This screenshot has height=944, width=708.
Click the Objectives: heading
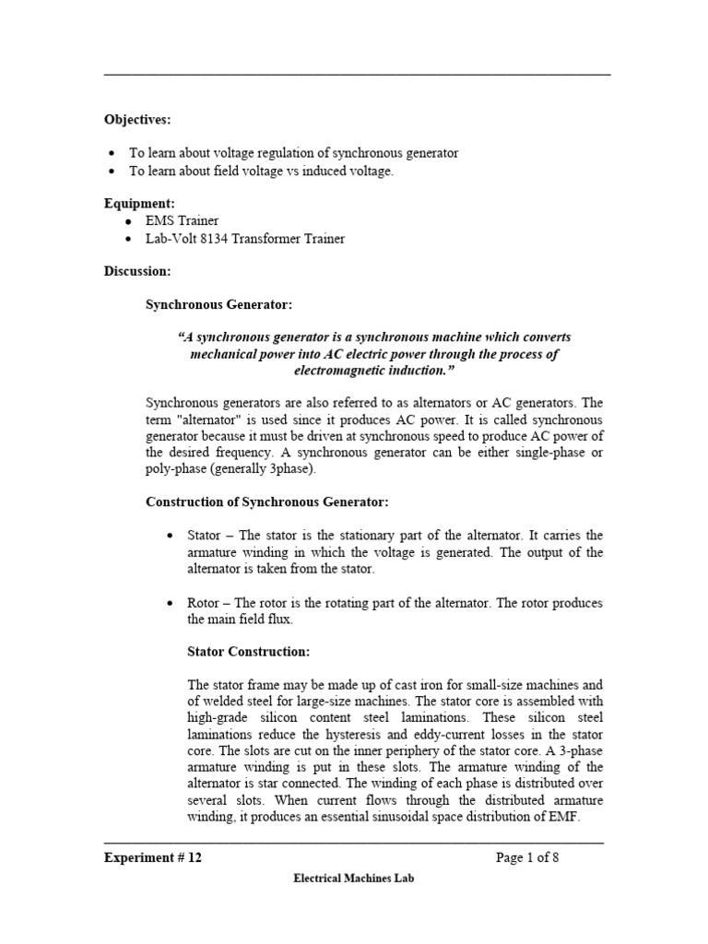coord(136,120)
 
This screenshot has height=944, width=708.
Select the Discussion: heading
coord(136,271)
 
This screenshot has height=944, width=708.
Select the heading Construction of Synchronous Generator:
coord(267,501)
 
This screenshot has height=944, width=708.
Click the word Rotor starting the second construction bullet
coord(204,603)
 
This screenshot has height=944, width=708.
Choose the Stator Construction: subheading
coord(248,652)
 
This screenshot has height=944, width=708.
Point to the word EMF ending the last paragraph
coord(563,816)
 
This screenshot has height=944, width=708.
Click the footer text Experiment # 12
coord(152,857)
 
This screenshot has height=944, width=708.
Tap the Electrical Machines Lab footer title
coord(353,879)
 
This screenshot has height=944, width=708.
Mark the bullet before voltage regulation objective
coord(112,153)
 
